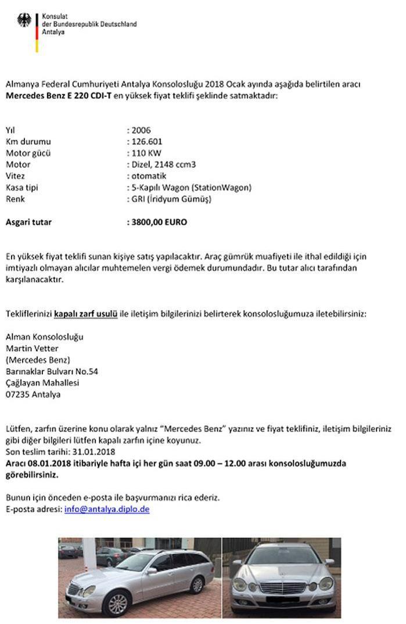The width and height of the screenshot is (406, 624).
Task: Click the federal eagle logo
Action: [x=25, y=22]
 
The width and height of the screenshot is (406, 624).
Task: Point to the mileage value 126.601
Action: [x=147, y=142]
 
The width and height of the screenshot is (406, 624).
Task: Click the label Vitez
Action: [x=15, y=176]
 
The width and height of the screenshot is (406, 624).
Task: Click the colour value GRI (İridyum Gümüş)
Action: [x=171, y=199]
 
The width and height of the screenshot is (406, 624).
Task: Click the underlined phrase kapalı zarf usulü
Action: [x=86, y=314]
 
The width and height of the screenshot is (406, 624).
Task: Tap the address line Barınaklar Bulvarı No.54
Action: [x=52, y=371]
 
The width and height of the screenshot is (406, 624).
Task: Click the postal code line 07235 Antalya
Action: [x=33, y=395]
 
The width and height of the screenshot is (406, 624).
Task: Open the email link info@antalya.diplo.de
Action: [x=107, y=509]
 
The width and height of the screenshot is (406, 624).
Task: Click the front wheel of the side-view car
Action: [x=117, y=603]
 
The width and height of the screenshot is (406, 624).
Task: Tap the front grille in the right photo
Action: [x=281, y=588]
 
